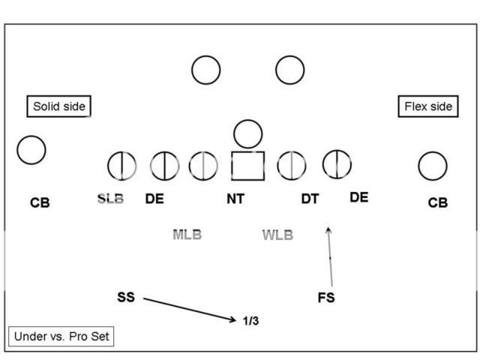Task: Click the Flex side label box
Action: [x=427, y=106]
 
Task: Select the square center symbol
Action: [x=247, y=166]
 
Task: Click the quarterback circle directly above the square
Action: [x=247, y=134]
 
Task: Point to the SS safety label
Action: [x=126, y=297]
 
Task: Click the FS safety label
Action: [x=326, y=297]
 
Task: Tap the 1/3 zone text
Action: [x=251, y=321]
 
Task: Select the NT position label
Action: [x=236, y=199]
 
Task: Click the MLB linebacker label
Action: [x=187, y=235]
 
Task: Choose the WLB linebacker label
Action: [x=277, y=235]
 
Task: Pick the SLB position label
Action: [x=110, y=199]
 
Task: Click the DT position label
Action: [x=310, y=199]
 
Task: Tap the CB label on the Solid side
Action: [x=40, y=202]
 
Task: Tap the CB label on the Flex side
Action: [x=437, y=202]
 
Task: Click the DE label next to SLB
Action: [x=154, y=199]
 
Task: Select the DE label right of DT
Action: [x=359, y=197]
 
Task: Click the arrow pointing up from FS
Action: [x=329, y=255]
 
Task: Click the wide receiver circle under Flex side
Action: [x=433, y=166]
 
